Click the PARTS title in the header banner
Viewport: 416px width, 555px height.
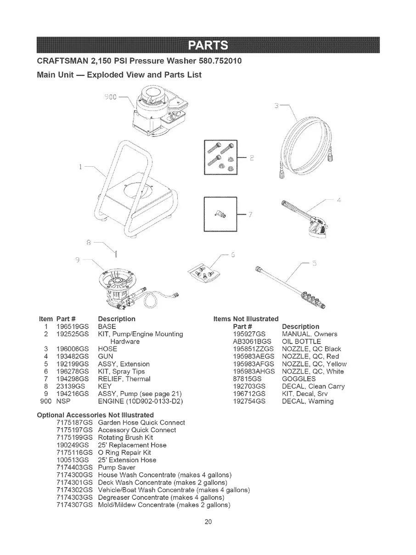[x=208, y=46]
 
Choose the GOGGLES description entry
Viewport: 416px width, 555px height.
[x=298, y=379]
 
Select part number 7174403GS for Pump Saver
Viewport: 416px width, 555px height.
[x=74, y=467]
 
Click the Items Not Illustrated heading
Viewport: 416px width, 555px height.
[x=246, y=319]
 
